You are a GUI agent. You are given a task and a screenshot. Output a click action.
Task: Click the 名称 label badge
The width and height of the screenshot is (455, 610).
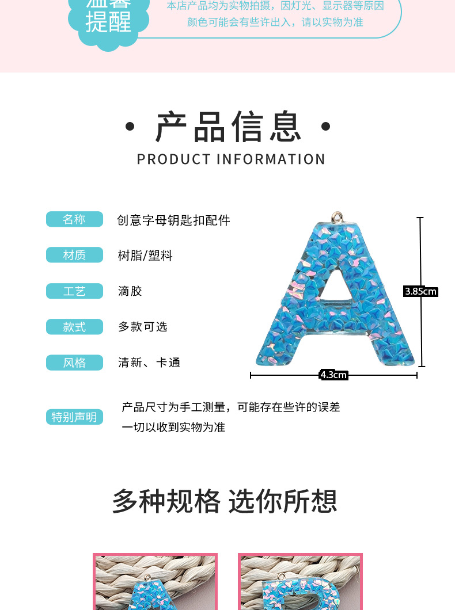(x=74, y=219)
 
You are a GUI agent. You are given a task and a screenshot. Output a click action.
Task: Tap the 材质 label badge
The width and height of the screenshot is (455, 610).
(x=74, y=255)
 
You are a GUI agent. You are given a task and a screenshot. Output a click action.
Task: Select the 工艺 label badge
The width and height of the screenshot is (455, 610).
(x=74, y=291)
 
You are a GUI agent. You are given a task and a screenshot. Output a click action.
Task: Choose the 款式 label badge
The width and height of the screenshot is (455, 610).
(x=74, y=327)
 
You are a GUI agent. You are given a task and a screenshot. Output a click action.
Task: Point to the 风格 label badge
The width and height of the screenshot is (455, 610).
(x=74, y=363)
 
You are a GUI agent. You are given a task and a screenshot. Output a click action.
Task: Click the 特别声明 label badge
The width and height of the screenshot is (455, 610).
(x=74, y=417)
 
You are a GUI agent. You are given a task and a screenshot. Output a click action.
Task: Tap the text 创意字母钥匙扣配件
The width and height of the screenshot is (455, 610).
(x=173, y=220)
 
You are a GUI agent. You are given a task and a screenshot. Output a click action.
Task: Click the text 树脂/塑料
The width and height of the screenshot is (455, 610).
(x=145, y=256)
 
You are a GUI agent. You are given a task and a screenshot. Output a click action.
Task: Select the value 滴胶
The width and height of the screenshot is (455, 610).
(x=130, y=291)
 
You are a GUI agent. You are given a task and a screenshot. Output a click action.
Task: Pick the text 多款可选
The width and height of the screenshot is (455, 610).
(x=143, y=327)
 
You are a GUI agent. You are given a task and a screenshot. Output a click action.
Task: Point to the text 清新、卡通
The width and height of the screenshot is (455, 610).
(x=149, y=363)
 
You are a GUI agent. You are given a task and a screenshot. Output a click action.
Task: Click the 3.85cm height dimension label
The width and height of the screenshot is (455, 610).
(x=421, y=291)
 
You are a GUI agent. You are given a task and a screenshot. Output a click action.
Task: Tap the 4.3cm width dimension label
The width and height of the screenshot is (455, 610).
(x=333, y=375)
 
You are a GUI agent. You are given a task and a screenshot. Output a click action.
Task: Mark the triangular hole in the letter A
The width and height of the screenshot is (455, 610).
(x=335, y=291)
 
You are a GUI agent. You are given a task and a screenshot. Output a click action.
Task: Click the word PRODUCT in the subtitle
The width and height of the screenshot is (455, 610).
(x=174, y=159)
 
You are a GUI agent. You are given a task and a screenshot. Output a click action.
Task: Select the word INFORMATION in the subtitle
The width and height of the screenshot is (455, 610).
(x=271, y=159)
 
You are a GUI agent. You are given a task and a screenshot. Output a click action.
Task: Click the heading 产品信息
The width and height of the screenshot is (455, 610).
(x=228, y=127)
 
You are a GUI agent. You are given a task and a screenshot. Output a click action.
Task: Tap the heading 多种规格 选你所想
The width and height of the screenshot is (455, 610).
(x=225, y=501)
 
